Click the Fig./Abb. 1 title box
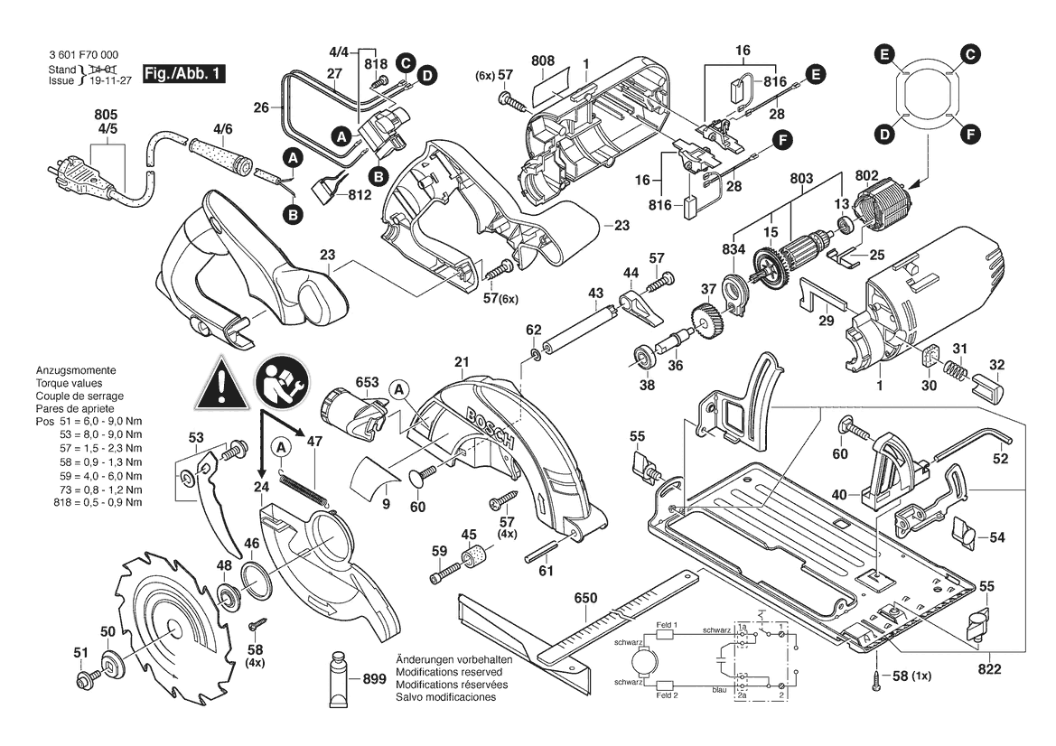184,74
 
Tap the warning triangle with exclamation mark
221,386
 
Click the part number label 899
375,678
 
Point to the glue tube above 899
340,678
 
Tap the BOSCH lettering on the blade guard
490,430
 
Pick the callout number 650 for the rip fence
586,598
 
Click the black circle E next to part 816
817,74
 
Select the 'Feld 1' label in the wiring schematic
667,625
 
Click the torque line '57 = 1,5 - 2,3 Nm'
100,448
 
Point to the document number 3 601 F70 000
83,55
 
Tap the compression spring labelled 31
954,370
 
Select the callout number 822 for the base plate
989,669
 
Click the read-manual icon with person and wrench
283,382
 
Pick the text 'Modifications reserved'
449,672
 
